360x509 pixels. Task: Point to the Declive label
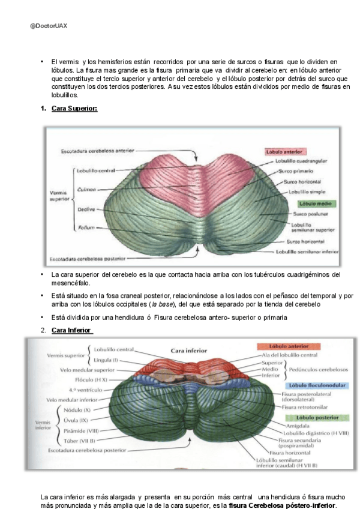click(x=83, y=209)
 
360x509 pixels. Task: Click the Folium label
click(x=83, y=228)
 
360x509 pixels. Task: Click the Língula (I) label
click(x=107, y=360)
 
